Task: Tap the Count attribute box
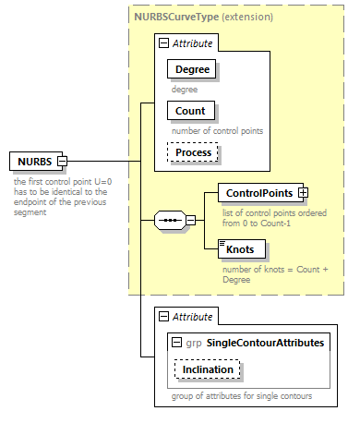coord(188,111)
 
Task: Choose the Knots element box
coord(241,248)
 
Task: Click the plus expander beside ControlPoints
coord(302,193)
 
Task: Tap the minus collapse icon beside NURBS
coord(63,163)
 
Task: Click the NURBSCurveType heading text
coord(176,18)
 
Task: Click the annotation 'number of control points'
coord(218,130)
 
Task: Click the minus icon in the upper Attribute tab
coord(162,42)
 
